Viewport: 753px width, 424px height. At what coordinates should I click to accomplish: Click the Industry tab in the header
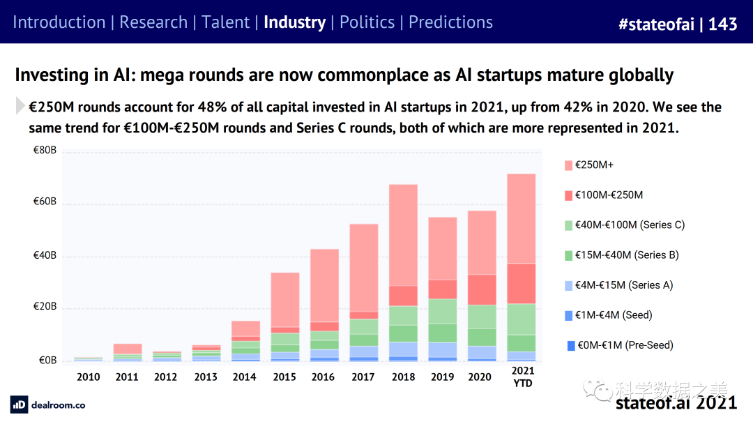[294, 22]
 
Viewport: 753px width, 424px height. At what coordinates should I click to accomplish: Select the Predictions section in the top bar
[450, 22]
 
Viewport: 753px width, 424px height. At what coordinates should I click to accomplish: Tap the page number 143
[722, 24]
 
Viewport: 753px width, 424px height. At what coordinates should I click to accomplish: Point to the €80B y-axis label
[45, 151]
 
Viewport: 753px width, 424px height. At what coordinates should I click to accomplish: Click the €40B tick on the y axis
[45, 256]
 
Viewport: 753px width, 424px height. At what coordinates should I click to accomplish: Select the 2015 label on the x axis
[284, 377]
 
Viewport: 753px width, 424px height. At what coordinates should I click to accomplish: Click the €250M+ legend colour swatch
[568, 165]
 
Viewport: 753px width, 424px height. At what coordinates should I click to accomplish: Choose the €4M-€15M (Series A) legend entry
[623, 285]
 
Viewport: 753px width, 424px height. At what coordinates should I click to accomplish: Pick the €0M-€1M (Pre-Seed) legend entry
[623, 345]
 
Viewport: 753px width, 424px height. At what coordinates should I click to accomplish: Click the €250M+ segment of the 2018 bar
[403, 235]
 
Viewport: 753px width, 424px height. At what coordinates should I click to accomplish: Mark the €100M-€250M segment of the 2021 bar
[522, 283]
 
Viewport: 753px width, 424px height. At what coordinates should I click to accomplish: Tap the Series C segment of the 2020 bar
[482, 317]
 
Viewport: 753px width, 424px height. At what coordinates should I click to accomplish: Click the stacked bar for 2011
[127, 352]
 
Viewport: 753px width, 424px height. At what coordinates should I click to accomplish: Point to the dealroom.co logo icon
[19, 404]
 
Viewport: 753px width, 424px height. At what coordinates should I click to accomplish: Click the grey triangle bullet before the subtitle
[20, 106]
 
